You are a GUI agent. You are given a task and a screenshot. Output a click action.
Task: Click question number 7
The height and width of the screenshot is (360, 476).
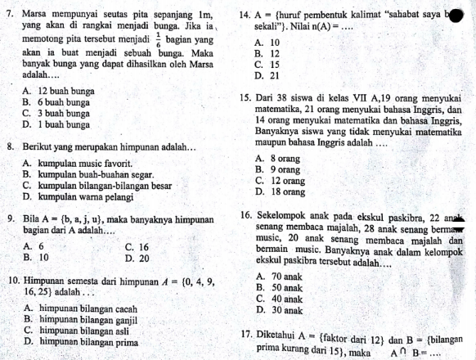point(10,15)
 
